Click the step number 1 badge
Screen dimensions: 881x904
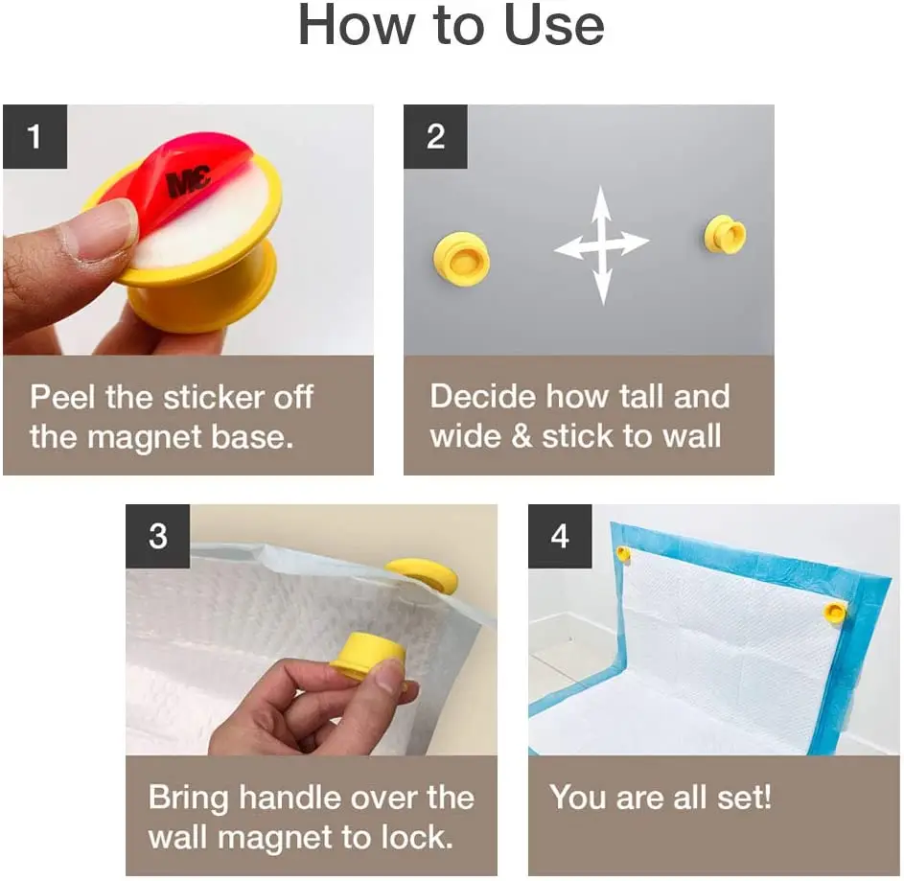click(x=35, y=136)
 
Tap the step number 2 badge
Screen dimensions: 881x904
click(x=435, y=136)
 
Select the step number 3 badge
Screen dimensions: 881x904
click(x=158, y=536)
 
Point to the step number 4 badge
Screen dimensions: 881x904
click(x=560, y=536)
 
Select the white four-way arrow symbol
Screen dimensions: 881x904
click(x=601, y=245)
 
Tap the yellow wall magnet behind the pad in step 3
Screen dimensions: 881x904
click(x=423, y=575)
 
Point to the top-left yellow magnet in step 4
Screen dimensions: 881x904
click(x=623, y=553)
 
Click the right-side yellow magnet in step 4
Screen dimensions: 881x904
click(x=836, y=611)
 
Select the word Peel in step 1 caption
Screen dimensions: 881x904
click(x=61, y=397)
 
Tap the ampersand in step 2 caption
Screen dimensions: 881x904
click(x=521, y=437)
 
